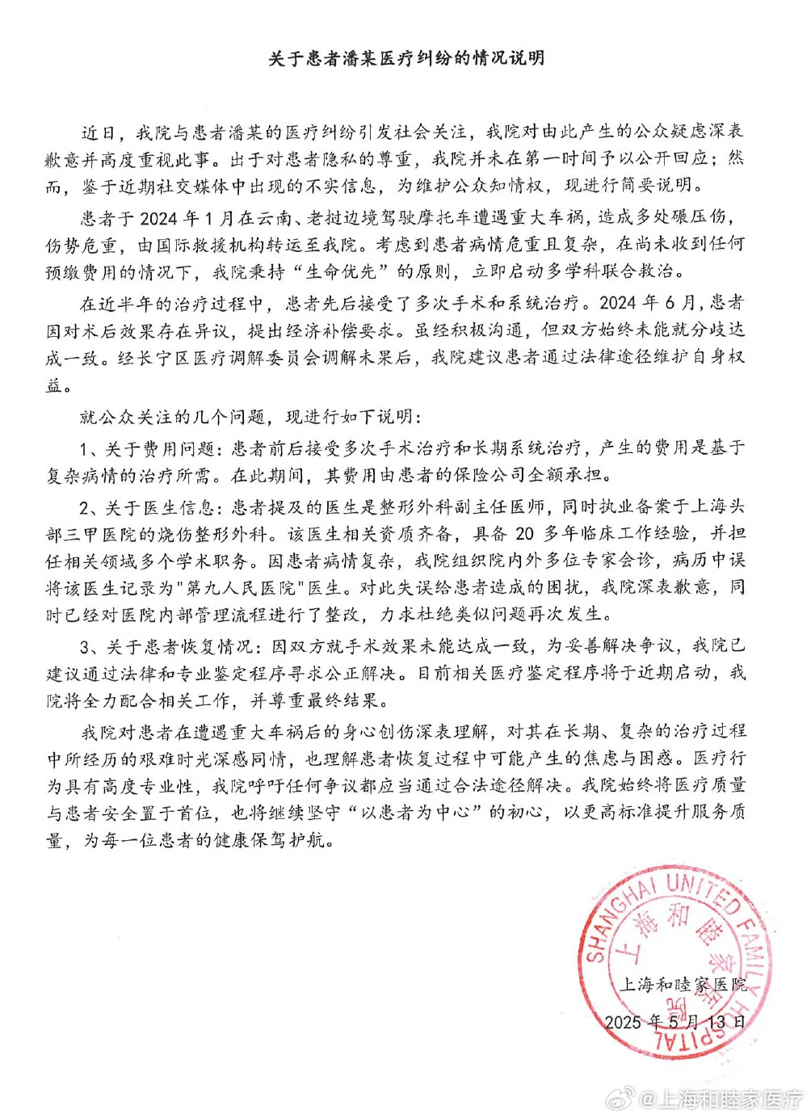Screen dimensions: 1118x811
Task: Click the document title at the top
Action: (x=405, y=59)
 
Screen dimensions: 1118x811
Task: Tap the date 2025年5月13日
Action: (x=675, y=1021)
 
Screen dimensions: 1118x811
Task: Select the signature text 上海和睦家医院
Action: (x=683, y=984)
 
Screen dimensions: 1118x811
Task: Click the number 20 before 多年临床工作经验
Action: (x=524, y=532)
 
